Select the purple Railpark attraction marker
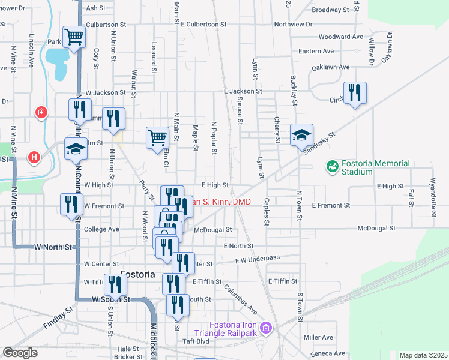tap(266, 328)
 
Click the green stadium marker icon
tap(331, 165)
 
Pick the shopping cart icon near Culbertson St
tap(73, 37)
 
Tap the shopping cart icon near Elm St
tap(157, 137)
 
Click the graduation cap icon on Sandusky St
tap(301, 135)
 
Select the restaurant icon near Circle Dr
tap(355, 92)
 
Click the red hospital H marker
tap(35, 157)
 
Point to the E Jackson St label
tap(243, 91)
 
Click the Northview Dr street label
tap(294, 25)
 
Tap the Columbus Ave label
tap(241, 297)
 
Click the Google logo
tap(20, 353)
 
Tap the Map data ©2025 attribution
tap(423, 355)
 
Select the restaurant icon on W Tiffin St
tap(115, 284)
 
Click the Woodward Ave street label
tap(340, 37)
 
